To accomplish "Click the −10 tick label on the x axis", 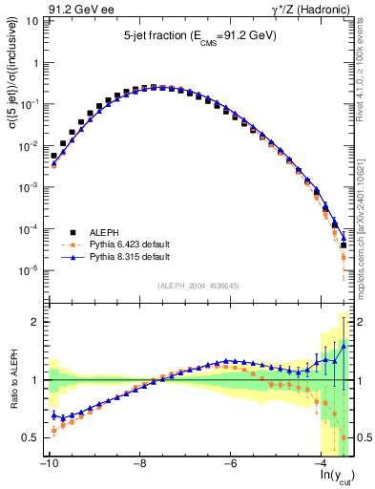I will (47, 464).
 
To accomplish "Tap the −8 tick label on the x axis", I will (139, 464).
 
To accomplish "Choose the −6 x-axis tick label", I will (231, 464).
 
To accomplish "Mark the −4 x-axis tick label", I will (323, 464).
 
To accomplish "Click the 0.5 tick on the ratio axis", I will (30, 437).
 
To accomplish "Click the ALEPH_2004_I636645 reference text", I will (198, 286).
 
